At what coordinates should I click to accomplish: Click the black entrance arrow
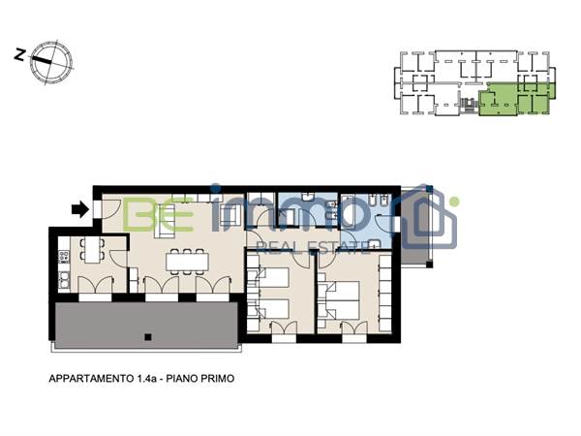point(77,206)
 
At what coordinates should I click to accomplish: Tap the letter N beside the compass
point(19,55)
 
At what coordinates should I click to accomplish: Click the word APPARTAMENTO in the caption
point(91,380)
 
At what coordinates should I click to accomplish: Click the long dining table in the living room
point(186,261)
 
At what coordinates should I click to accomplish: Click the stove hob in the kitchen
point(65,258)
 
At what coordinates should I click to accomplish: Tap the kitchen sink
point(63,280)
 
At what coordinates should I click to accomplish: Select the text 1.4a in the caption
point(145,380)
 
